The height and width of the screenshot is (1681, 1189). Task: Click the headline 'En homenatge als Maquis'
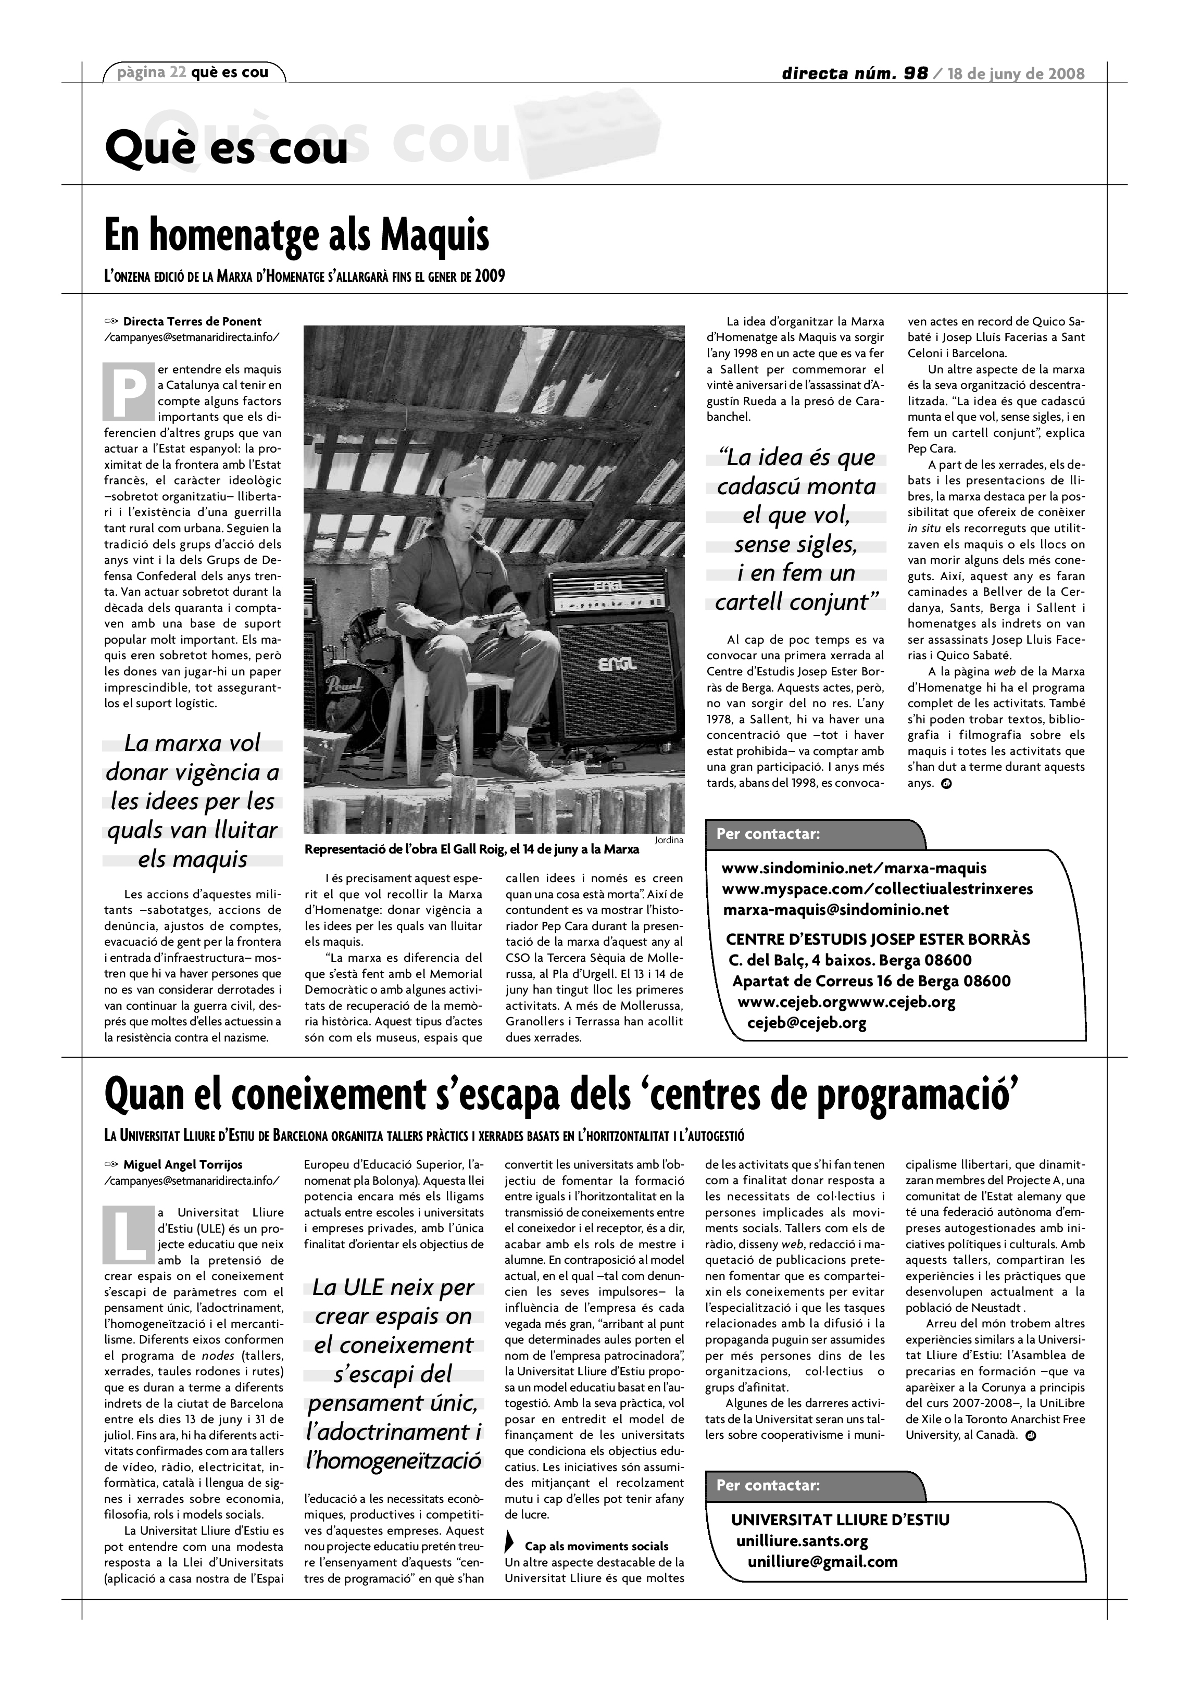coord(296,236)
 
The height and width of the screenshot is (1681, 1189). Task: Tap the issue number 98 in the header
coord(915,73)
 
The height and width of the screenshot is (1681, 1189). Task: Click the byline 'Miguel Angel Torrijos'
coord(182,1164)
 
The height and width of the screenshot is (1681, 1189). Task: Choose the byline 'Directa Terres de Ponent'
coord(192,321)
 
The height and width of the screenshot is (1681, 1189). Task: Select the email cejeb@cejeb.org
coord(806,1023)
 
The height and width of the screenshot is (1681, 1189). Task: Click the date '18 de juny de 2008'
coord(1016,73)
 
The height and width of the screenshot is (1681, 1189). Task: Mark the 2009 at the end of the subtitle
coord(489,277)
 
